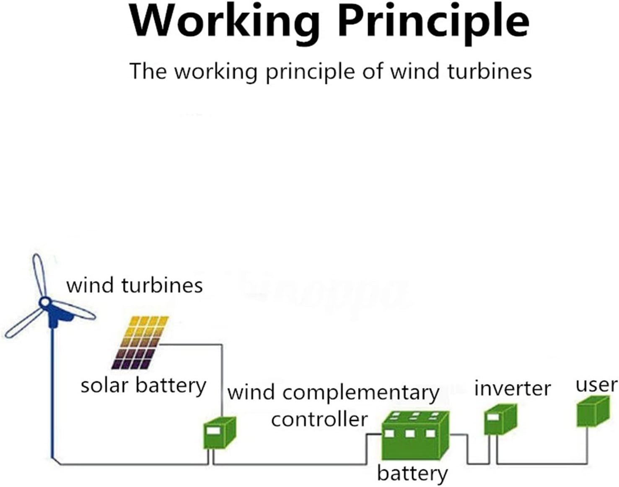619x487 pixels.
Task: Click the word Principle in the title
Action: pos(433,21)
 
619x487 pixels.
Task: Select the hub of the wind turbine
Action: pos(44,302)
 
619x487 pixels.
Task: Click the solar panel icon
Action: pos(140,342)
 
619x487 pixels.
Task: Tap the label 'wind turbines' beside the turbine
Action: pos(135,285)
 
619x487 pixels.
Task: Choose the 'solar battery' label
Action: pos(143,386)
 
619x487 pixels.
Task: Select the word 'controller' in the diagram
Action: pos(319,419)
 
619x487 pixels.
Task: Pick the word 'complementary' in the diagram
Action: pos(361,393)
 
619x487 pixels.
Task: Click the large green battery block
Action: pos(415,437)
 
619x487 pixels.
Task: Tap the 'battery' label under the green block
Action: pos(412,473)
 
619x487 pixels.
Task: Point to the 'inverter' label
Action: pos(512,389)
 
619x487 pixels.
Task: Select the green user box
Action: pos(592,411)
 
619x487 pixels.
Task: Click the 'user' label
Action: pos(596,385)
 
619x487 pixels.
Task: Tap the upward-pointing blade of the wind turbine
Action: pos(39,275)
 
